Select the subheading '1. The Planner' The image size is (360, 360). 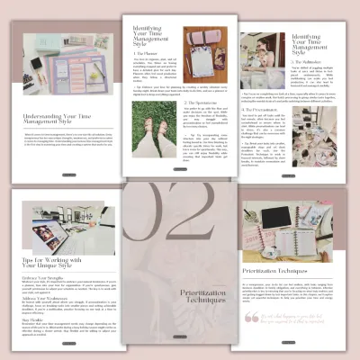click(141, 53)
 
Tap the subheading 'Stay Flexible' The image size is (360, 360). click(33, 323)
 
